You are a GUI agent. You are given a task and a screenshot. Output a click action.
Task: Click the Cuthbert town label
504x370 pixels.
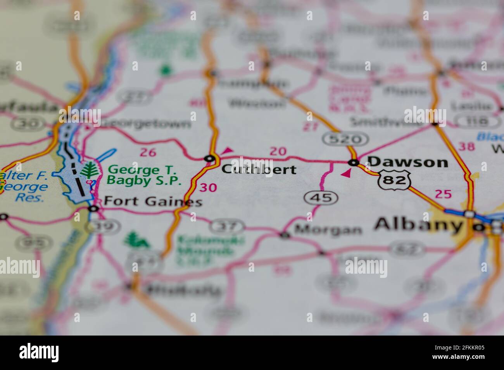point(259,169)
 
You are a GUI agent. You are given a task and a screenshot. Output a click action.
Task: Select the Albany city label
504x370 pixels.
point(419,224)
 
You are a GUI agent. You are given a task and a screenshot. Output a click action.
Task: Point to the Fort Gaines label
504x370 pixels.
point(153,202)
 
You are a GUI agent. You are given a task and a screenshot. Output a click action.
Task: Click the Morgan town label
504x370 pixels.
point(328,230)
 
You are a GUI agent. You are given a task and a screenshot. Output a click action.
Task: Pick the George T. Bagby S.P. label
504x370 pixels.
point(144,175)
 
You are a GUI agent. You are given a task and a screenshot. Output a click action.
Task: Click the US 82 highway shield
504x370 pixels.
point(395,180)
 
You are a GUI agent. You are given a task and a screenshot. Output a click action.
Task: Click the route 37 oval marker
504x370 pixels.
point(228,226)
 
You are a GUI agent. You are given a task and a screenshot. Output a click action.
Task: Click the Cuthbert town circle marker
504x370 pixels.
point(210,158)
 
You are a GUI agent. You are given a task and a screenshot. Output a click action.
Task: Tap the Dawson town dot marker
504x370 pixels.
point(353,162)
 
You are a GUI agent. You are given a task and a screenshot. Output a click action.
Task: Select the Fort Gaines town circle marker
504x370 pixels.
point(93,209)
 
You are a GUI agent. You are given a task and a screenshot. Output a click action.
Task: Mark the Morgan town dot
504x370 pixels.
point(285,235)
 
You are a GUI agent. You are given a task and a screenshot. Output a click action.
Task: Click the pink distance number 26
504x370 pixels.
point(148,152)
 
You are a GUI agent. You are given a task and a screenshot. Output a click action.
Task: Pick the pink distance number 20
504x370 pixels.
point(278,152)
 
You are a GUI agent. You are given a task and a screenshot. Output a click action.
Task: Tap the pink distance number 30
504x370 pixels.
point(208,188)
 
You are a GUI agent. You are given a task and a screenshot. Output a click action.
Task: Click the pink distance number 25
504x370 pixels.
point(443,194)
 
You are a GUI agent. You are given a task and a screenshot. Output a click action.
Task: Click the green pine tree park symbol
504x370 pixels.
point(90,171)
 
